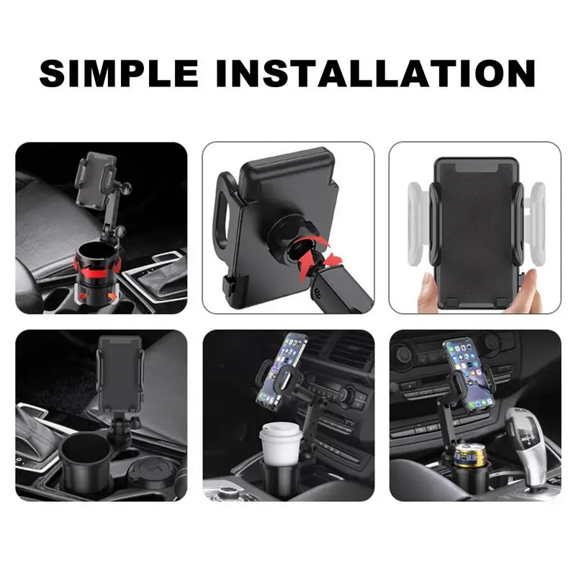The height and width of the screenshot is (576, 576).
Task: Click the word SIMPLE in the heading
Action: (x=119, y=73)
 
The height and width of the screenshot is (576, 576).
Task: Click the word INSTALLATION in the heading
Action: (x=375, y=73)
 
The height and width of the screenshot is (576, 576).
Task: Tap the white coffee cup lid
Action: (x=281, y=430)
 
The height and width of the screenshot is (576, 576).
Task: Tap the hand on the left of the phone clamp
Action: (x=428, y=290)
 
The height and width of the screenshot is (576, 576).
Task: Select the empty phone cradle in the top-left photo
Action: (x=96, y=180)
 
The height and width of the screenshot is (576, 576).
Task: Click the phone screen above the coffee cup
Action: (x=282, y=368)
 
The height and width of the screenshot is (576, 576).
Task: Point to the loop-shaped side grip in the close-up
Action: (x=224, y=210)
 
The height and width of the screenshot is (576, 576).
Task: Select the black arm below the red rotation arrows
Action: (x=340, y=289)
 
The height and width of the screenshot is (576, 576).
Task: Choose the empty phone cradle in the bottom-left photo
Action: (x=120, y=373)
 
